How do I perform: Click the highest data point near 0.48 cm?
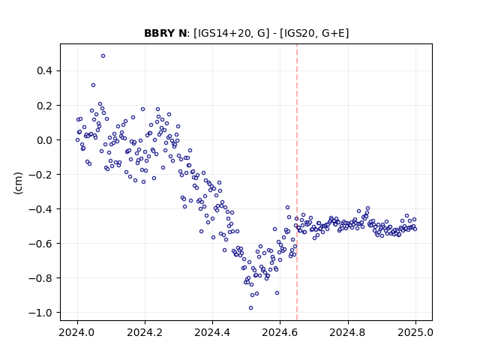103,56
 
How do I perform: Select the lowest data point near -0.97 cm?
250,308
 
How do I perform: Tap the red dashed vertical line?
297,182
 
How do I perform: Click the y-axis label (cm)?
18,183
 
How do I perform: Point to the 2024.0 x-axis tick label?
77,332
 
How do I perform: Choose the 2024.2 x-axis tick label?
145,332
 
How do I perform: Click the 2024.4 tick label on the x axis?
212,332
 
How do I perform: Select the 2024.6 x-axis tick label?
280,332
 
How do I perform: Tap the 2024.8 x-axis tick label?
348,332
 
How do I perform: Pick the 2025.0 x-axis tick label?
415,332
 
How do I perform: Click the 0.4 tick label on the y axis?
45,71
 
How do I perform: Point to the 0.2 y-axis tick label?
45,106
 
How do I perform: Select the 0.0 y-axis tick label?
45,140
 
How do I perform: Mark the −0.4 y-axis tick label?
40,209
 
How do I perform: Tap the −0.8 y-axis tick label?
40,278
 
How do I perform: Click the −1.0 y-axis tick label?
40,313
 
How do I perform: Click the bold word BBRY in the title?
158,33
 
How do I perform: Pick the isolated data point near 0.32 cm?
93,85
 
